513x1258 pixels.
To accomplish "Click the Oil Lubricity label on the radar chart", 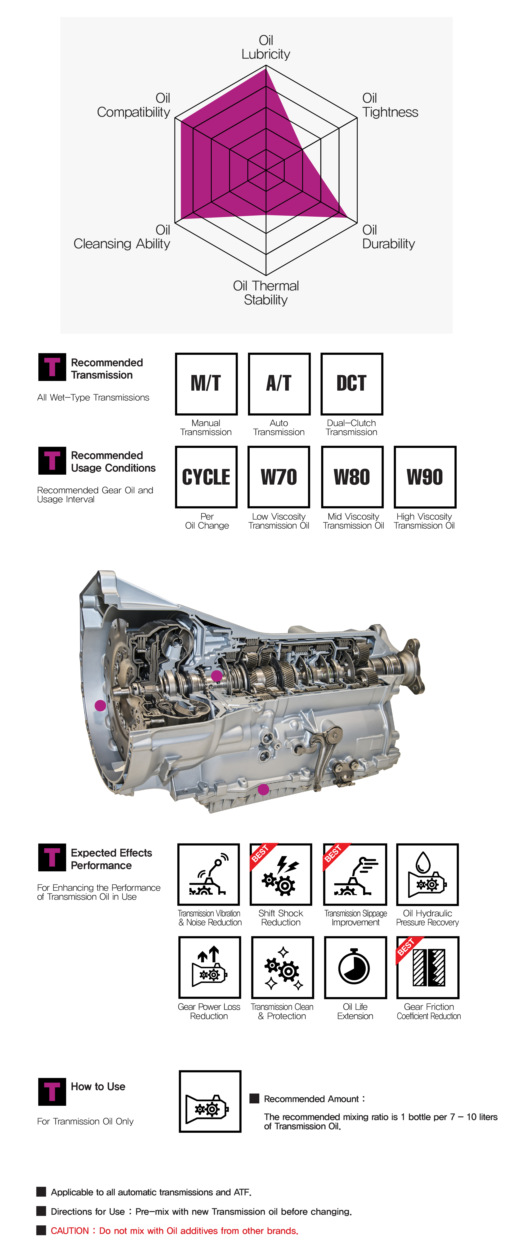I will [x=266, y=47].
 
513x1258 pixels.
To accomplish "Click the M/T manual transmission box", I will [x=206, y=384].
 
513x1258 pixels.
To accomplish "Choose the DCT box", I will [x=351, y=384].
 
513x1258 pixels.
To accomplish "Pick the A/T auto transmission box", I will [x=279, y=384].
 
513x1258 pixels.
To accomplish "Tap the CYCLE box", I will [x=206, y=477].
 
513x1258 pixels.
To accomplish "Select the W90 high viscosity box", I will [x=425, y=477].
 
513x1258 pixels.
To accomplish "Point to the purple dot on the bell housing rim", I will [x=100, y=705].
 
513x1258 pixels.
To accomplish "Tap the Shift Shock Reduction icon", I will [x=281, y=874].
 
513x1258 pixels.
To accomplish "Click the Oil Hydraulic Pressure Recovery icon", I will [x=427, y=874].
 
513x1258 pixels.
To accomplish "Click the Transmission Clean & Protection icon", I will [x=282, y=968].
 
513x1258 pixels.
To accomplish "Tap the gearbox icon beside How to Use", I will [x=210, y=1101].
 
